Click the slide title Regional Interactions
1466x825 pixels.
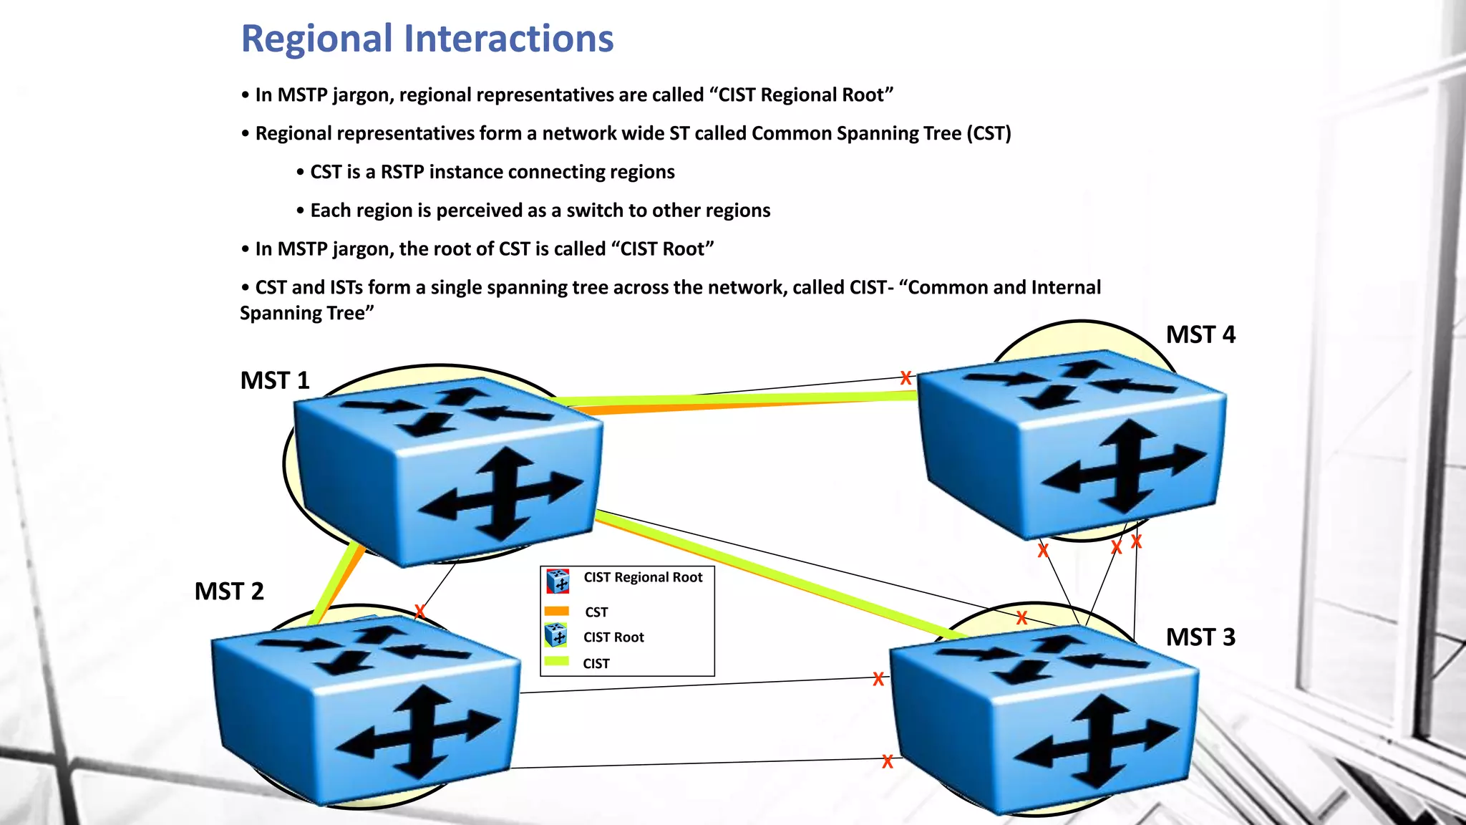427,39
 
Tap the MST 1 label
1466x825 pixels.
275,380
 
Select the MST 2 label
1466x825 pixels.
229,592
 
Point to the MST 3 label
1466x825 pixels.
1200,637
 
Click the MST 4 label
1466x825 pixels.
1200,335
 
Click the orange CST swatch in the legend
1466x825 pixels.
556,611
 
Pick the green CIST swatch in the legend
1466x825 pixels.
556,662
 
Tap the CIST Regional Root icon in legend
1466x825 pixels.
558,581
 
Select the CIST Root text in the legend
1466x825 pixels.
613,637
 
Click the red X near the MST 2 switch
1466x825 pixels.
420,611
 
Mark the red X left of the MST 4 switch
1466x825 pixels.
906,377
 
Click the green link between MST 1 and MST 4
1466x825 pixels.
737,397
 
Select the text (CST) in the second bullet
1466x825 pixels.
989,134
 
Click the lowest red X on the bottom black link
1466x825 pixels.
888,761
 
